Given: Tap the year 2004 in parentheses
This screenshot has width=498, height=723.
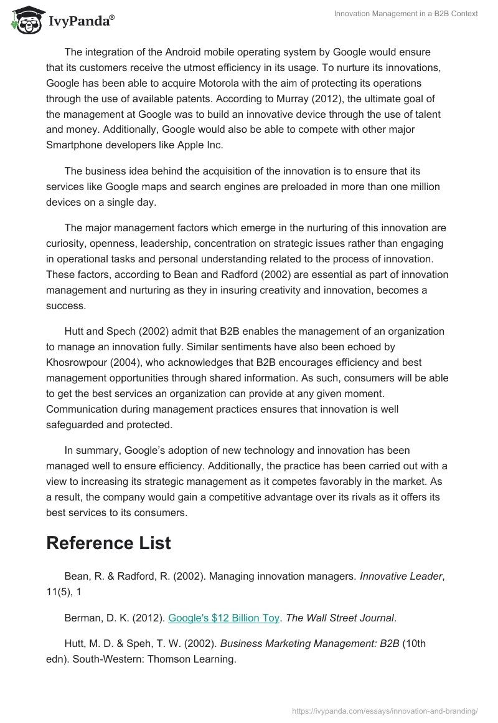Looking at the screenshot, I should pyautogui.click(x=125, y=363).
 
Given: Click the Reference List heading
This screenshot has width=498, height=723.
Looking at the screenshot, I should pyautogui.click(x=108, y=543).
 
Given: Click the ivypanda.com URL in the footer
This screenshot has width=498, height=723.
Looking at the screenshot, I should pyautogui.click(x=385, y=710).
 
